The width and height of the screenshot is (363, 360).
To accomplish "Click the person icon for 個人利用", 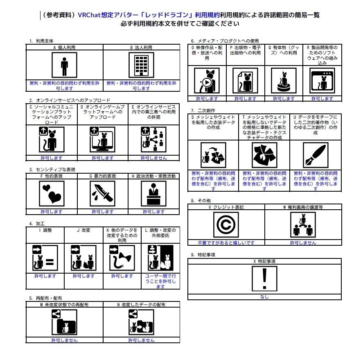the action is (64, 65).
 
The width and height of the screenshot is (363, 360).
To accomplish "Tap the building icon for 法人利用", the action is (141, 65).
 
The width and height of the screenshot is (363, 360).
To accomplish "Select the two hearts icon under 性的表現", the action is (52, 194).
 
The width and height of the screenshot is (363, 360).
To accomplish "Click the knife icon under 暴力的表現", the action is (102, 194).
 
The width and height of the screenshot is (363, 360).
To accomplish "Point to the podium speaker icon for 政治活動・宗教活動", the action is (153, 194).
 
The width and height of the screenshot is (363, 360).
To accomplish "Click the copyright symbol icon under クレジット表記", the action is (226, 225).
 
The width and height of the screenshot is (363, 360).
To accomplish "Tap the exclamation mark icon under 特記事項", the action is (264, 278).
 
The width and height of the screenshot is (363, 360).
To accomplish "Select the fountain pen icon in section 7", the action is (316, 155).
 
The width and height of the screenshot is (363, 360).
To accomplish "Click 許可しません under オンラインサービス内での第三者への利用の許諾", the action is (154, 158).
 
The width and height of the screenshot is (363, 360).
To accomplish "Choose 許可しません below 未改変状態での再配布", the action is (64, 340).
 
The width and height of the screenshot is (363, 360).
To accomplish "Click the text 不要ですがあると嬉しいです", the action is (226, 242).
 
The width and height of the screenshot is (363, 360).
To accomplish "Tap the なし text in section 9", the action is (264, 297).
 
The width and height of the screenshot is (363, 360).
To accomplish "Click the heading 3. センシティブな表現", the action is (52, 170).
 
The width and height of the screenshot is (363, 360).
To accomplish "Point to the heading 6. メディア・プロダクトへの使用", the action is (225, 41).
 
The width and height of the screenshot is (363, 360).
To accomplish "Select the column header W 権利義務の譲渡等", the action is (303, 207).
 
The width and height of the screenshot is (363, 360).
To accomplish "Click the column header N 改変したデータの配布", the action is (141, 305).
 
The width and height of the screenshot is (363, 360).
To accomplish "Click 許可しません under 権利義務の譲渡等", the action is (303, 242).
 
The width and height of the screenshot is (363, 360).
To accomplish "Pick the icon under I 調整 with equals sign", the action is (45, 258).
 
